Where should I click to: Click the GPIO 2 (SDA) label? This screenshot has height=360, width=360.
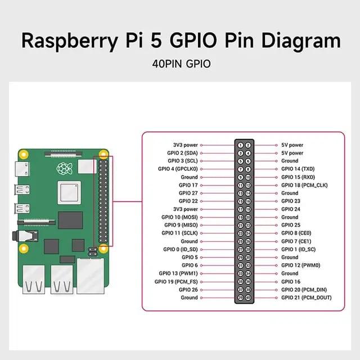(182, 153)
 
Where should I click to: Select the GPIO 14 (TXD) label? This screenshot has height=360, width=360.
(298, 169)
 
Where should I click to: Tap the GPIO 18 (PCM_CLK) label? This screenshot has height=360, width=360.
(304, 185)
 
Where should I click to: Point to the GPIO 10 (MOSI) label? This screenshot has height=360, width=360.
(179, 217)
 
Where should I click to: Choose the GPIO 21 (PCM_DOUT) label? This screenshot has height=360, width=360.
(307, 298)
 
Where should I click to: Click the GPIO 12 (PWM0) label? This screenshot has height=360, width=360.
(301, 265)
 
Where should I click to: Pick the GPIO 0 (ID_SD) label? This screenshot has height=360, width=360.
(181, 249)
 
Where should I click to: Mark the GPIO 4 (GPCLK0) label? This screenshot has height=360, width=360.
(178, 169)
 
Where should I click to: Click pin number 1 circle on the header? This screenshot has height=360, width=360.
(240, 145)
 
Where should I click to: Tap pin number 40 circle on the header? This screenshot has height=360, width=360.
(248, 298)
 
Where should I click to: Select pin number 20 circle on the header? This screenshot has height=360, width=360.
(248, 217)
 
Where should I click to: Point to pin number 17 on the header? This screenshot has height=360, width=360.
(240, 209)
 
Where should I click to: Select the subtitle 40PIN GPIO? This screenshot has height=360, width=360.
(181, 64)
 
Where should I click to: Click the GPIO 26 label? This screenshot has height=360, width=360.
(188, 290)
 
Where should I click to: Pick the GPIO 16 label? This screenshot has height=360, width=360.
(291, 282)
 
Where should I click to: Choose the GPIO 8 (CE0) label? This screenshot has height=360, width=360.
(296, 233)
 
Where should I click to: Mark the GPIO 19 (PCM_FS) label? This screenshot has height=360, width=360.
(178, 282)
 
